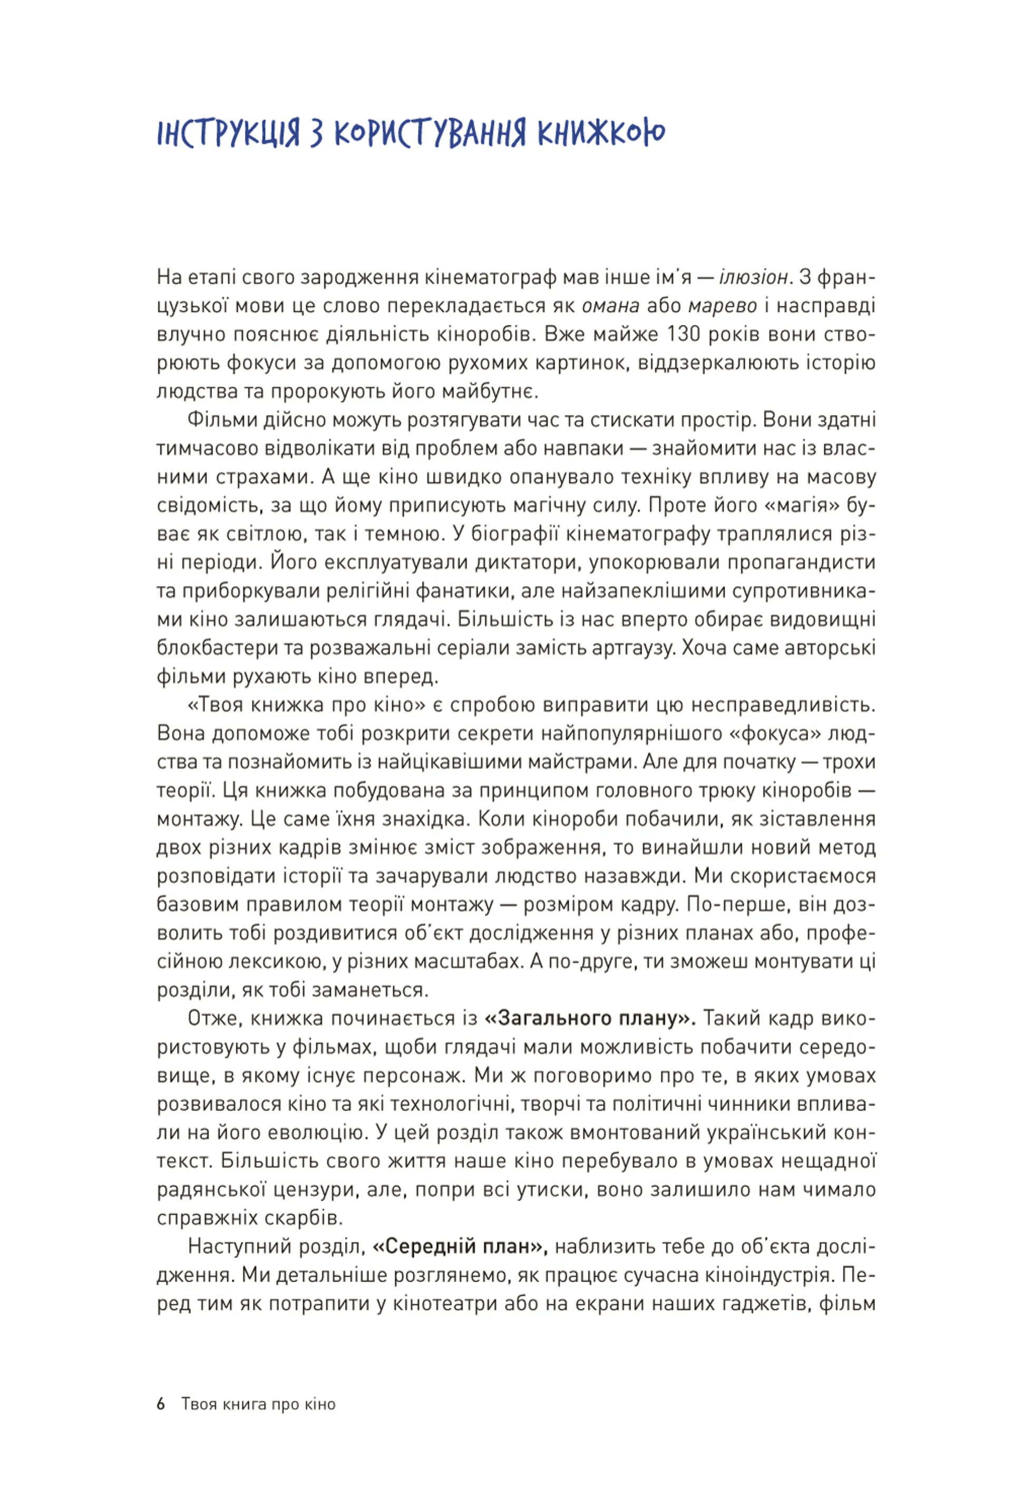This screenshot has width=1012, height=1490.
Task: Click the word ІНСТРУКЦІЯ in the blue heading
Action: tap(228, 133)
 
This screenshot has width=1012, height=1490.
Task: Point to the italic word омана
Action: tap(610, 306)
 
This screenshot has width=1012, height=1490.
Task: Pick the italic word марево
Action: tap(722, 306)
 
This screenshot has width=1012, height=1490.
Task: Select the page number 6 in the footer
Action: tap(161, 1404)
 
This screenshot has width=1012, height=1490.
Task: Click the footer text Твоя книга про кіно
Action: tap(258, 1404)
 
